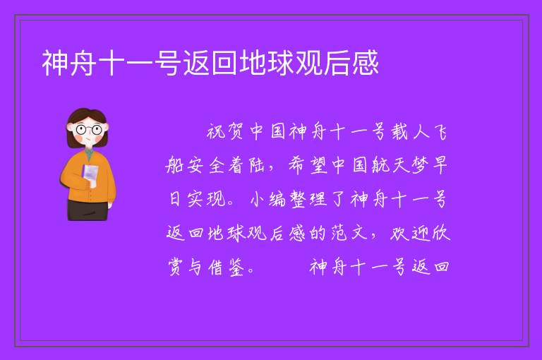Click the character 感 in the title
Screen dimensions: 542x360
[366, 63]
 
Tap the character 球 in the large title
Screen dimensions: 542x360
[281, 63]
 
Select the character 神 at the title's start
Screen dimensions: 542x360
[55, 63]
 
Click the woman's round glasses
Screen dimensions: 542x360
[89, 130]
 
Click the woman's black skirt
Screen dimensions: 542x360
[88, 210]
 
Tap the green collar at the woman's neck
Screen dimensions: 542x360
[90, 155]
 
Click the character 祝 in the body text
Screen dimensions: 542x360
[217, 132]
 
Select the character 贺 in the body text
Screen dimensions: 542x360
[236, 132]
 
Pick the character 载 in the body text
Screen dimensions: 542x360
[399, 132]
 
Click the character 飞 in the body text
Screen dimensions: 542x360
[440, 132]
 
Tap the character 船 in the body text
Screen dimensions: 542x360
[175, 165]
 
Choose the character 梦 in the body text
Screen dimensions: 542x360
[420, 165]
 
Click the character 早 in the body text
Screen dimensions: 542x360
[440, 165]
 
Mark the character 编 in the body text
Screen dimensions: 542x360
[277, 199]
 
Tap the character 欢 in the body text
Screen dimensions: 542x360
[399, 233]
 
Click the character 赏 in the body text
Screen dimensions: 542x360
[176, 267]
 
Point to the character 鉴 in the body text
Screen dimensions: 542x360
[236, 267]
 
